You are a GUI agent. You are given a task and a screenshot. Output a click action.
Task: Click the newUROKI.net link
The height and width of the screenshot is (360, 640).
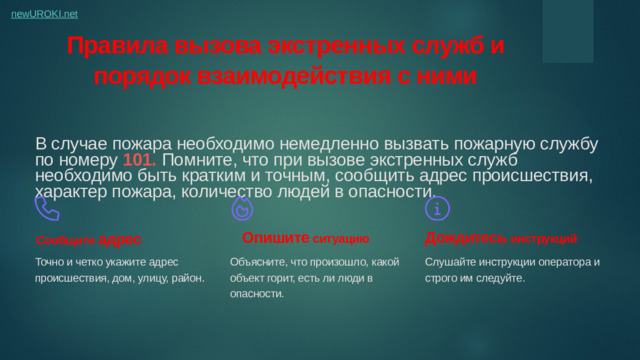click(x=45, y=14)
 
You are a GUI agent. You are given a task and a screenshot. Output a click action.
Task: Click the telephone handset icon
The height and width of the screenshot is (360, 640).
click(x=47, y=208)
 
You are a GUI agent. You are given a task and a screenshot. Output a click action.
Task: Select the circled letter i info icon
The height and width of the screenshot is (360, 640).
click(x=437, y=208)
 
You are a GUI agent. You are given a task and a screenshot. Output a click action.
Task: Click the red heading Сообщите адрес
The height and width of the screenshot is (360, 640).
click(x=89, y=241)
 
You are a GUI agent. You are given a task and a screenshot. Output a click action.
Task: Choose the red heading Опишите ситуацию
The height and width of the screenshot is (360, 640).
click(x=306, y=239)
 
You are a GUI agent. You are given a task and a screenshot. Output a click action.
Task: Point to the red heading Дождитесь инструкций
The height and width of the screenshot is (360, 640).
click(x=501, y=239)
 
